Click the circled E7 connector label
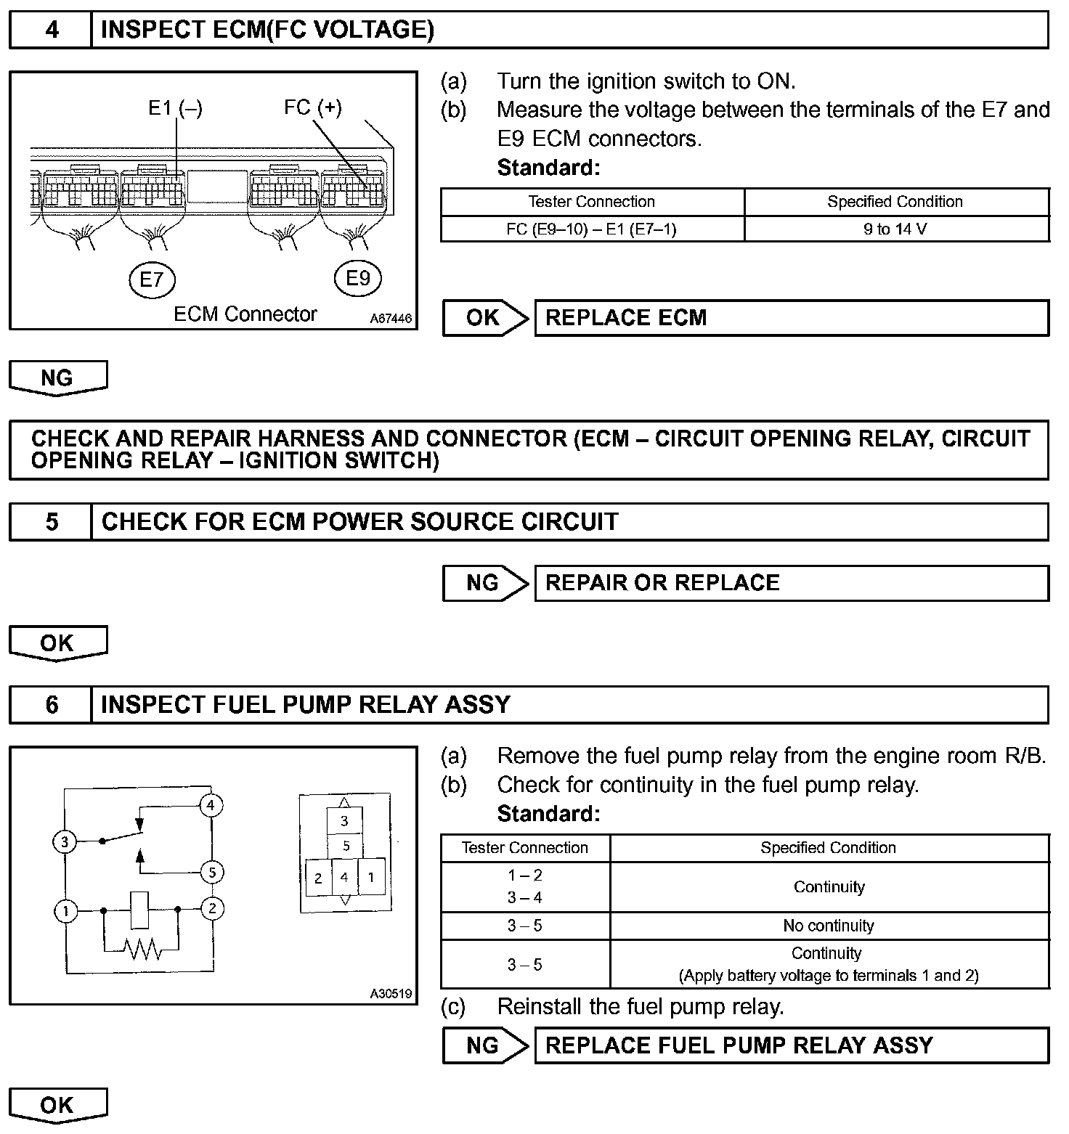(x=152, y=279)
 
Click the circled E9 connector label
(x=358, y=279)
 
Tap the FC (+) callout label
(x=312, y=107)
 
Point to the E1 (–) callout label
(x=175, y=108)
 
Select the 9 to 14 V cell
(x=895, y=229)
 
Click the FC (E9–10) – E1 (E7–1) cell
(x=591, y=229)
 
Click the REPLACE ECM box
(x=791, y=318)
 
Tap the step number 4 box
(x=51, y=30)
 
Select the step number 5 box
(x=51, y=522)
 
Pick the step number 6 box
(x=51, y=705)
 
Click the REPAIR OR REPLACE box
(x=791, y=583)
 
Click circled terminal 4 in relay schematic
(x=211, y=805)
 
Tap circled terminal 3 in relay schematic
(x=65, y=842)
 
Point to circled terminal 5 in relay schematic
(x=212, y=872)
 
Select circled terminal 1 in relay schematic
(x=66, y=911)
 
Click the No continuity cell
(x=829, y=926)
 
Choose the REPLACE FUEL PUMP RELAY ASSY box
(x=791, y=1045)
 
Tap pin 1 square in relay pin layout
(x=371, y=877)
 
